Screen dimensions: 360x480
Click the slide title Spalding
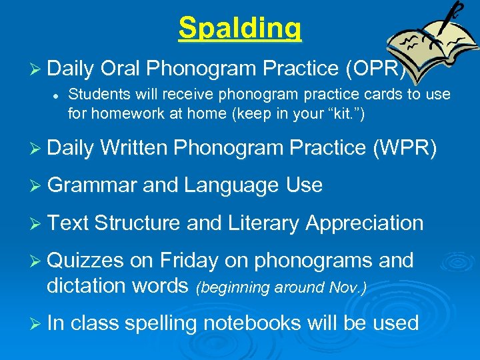240,28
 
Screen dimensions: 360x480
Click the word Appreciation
364,223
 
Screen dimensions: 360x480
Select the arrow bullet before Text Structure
36,223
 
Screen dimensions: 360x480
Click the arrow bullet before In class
36,324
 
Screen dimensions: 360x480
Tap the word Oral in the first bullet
119,68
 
